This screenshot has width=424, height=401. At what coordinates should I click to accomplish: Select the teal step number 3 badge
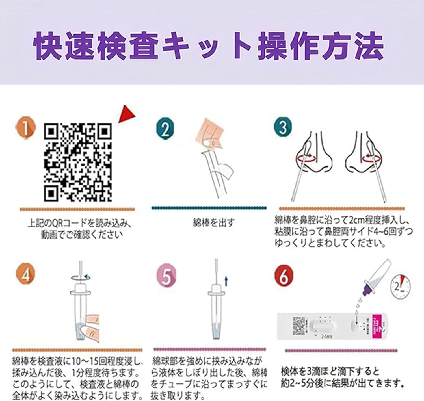tap(283, 127)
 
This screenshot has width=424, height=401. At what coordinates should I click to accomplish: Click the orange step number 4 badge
tap(26, 274)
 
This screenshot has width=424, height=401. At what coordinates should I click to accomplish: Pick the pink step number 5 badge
tap(166, 276)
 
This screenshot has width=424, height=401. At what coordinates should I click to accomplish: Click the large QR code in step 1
tap(78, 162)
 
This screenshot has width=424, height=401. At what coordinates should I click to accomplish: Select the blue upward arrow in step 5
tap(226, 281)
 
